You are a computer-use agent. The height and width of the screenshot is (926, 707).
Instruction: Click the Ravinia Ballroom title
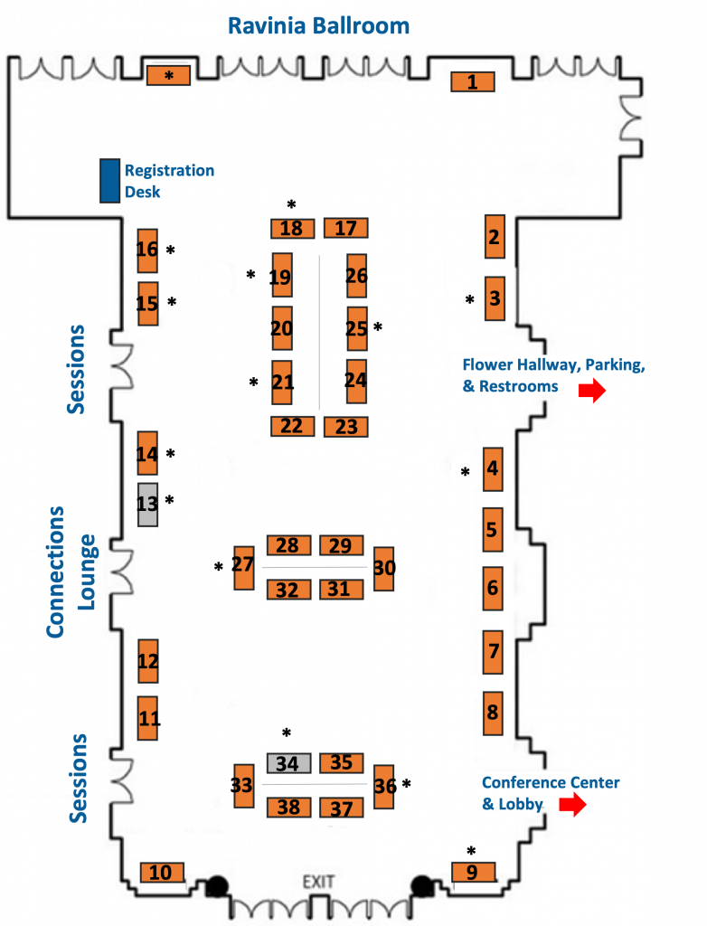318,26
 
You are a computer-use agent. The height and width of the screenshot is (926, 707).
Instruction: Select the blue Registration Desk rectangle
109,181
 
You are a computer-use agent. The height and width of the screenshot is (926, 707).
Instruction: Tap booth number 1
473,81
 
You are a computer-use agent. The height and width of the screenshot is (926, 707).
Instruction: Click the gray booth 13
147,505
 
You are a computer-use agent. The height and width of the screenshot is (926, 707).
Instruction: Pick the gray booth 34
288,763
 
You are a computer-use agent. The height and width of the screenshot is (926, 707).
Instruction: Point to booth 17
346,228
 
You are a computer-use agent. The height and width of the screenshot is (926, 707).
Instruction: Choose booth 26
357,276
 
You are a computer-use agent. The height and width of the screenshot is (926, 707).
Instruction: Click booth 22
292,426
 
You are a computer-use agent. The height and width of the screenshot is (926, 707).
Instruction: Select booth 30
384,569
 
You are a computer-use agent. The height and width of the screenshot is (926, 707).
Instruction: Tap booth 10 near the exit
162,873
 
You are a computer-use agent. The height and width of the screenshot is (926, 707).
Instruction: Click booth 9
473,873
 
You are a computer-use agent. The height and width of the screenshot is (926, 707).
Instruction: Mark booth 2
495,237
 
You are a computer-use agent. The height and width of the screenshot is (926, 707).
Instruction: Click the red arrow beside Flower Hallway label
592,391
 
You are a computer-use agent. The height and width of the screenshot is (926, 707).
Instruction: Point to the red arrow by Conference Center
572,804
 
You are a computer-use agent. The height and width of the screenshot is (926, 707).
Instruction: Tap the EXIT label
318,882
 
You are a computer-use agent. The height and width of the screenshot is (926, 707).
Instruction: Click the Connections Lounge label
71,572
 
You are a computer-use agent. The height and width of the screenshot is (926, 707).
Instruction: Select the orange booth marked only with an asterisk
168,76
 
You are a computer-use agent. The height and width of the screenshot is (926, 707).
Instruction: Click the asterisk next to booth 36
406,784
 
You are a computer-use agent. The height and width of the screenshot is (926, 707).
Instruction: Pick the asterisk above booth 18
291,205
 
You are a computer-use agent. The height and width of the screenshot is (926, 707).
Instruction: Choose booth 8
494,713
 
